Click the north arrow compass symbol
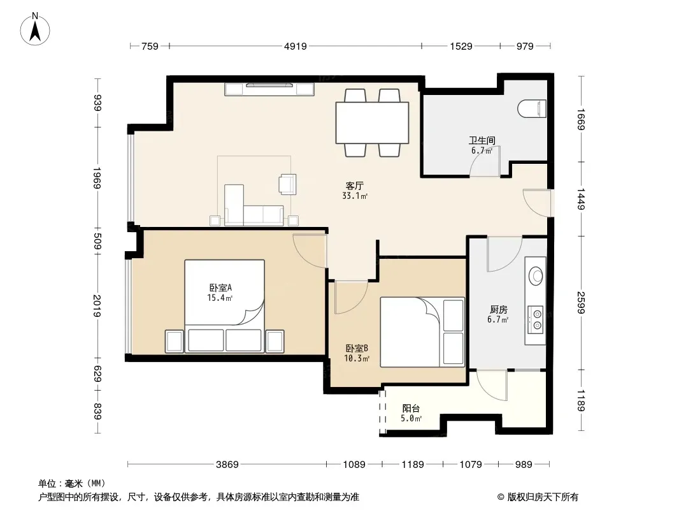pyautogui.click(x=35, y=29)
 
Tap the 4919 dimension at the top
pyautogui.click(x=296, y=46)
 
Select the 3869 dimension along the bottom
pyautogui.click(x=227, y=465)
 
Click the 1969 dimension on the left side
pyautogui.click(x=97, y=178)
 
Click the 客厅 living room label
pyautogui.click(x=354, y=186)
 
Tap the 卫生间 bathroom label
pyautogui.click(x=482, y=140)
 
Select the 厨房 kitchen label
pyautogui.click(x=499, y=309)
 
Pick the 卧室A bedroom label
pyautogui.click(x=221, y=288)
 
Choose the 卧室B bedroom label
pyautogui.click(x=357, y=348)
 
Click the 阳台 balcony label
pyautogui.click(x=411, y=408)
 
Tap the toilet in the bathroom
pyautogui.click(x=532, y=109)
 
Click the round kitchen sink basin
pyautogui.click(x=536, y=275)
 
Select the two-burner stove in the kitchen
pyautogui.click(x=536, y=319)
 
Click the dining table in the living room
pyautogui.click(x=373, y=122)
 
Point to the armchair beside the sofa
pyautogui.click(x=287, y=184)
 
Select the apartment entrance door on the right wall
pyautogui.click(x=537, y=203)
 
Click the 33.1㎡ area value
pyautogui.click(x=355, y=196)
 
